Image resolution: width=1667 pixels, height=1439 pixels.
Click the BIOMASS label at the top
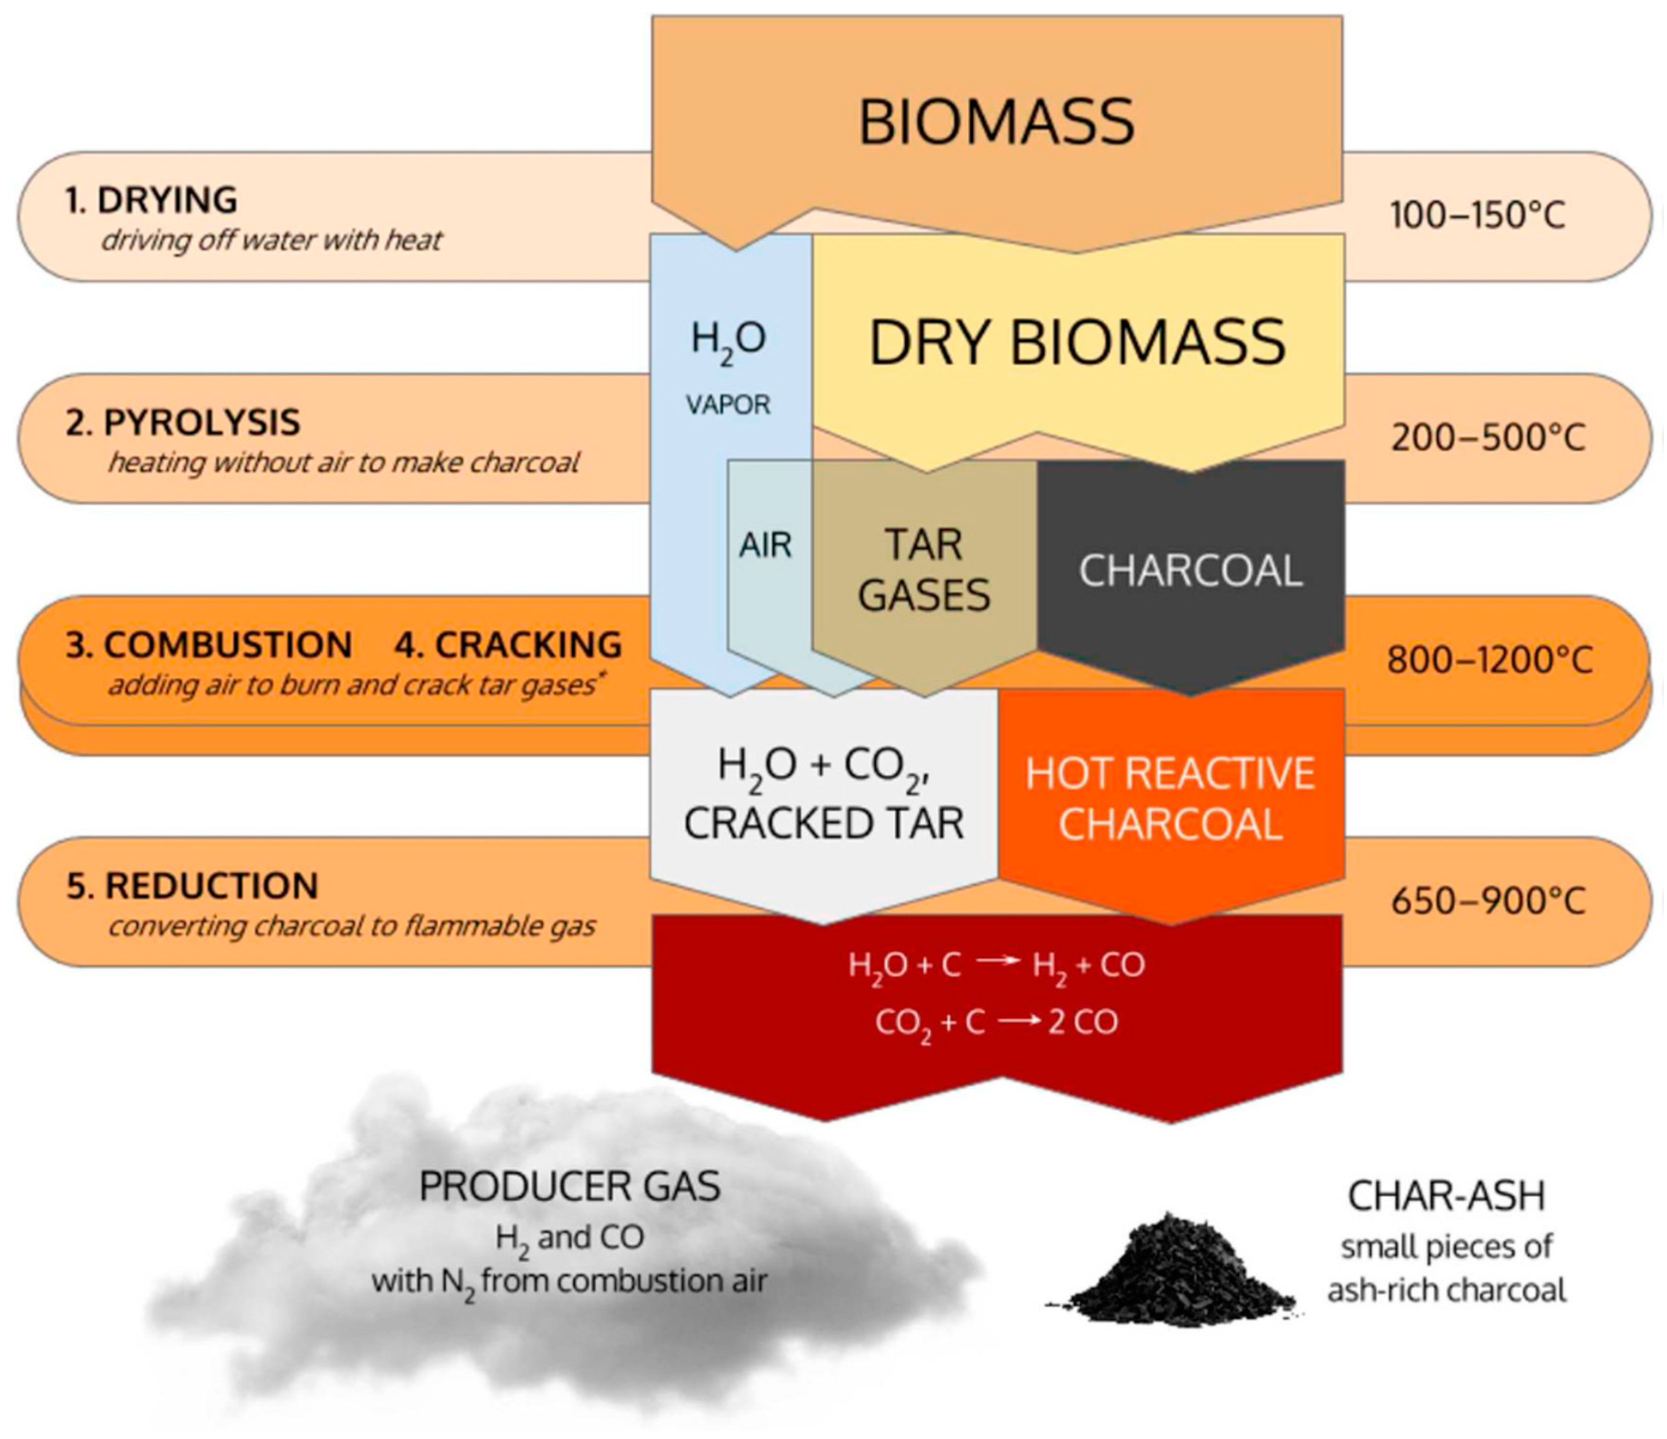click(996, 122)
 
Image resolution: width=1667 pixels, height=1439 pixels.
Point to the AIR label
click(765, 545)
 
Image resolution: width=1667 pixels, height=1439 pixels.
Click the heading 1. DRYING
click(151, 200)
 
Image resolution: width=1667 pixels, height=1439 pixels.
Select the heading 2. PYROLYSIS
click(183, 422)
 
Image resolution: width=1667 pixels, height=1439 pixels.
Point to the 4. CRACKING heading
click(508, 644)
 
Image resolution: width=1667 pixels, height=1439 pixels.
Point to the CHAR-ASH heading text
click(1446, 1196)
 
